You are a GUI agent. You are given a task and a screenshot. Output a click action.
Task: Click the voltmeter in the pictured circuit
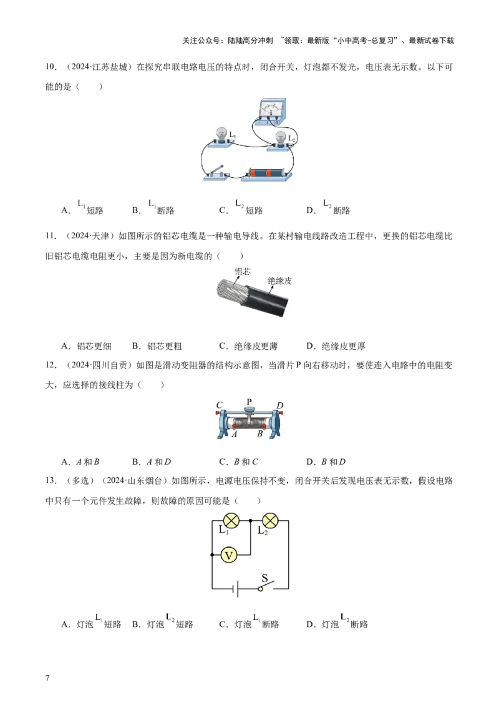pyautogui.click(x=270, y=110)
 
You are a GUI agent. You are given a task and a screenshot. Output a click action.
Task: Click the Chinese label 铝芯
pyautogui.click(x=243, y=271)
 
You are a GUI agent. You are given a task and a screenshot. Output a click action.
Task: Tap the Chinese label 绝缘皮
pyautogui.click(x=280, y=281)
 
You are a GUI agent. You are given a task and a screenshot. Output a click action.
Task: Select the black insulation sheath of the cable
pyautogui.click(x=268, y=302)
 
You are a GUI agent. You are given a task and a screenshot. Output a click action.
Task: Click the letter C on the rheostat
pyautogui.click(x=220, y=404)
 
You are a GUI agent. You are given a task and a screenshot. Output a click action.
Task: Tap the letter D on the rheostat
pyautogui.click(x=280, y=405)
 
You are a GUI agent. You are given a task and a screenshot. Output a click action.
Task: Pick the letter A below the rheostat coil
pyautogui.click(x=235, y=436)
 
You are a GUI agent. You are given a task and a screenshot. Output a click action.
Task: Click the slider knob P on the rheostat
pyautogui.click(x=249, y=409)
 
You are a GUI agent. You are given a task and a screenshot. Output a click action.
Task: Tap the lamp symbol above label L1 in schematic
pyautogui.click(x=231, y=520)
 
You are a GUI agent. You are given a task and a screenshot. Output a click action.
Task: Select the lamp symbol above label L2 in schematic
pyautogui.click(x=269, y=520)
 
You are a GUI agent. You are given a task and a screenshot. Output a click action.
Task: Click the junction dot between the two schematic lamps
pyautogui.click(x=250, y=520)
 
